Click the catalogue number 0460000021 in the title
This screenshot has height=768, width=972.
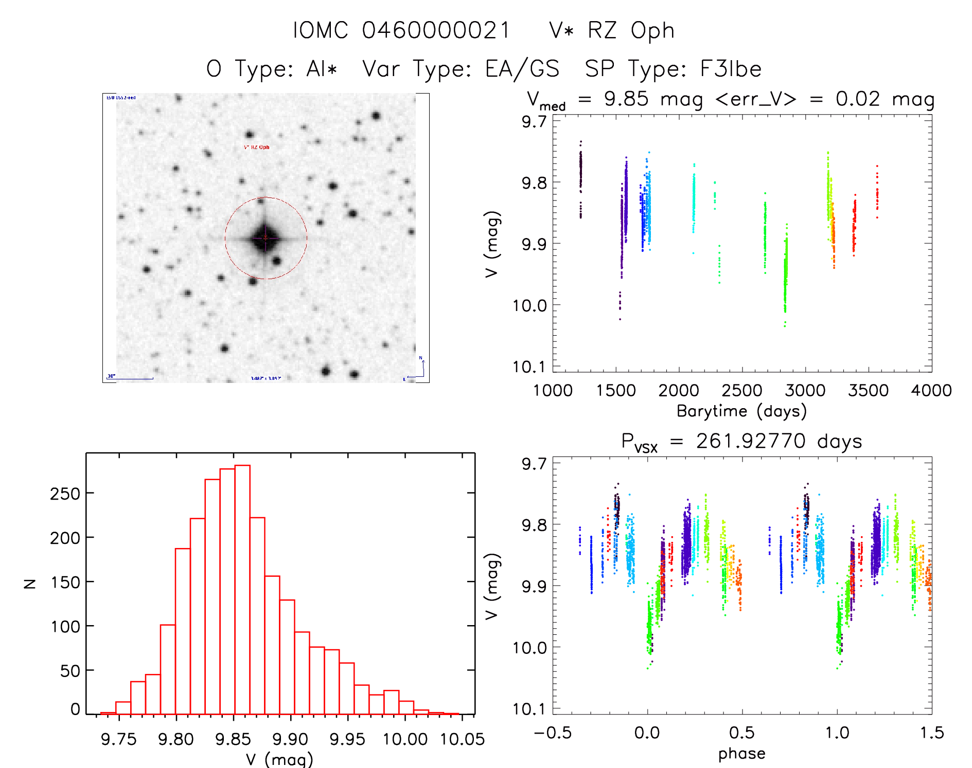click(x=436, y=30)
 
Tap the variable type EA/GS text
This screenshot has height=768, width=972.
click(x=522, y=69)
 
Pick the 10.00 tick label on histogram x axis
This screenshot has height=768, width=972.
click(x=405, y=739)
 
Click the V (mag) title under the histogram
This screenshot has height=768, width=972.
click(x=279, y=759)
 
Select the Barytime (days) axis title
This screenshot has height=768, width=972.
click(x=741, y=411)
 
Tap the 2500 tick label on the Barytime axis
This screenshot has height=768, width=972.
click(x=741, y=391)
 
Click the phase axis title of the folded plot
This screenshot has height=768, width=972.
click(x=741, y=754)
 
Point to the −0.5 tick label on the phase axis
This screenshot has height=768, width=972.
click(x=553, y=733)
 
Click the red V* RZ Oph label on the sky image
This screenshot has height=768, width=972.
click(x=257, y=148)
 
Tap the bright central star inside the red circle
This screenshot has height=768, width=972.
click(x=266, y=238)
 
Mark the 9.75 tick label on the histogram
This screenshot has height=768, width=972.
click(x=119, y=739)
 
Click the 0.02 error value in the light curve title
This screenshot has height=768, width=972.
click(x=858, y=99)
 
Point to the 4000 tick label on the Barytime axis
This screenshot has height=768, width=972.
click(x=931, y=391)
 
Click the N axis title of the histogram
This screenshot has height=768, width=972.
click(x=30, y=583)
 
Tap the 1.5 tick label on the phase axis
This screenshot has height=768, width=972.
click(x=932, y=733)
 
